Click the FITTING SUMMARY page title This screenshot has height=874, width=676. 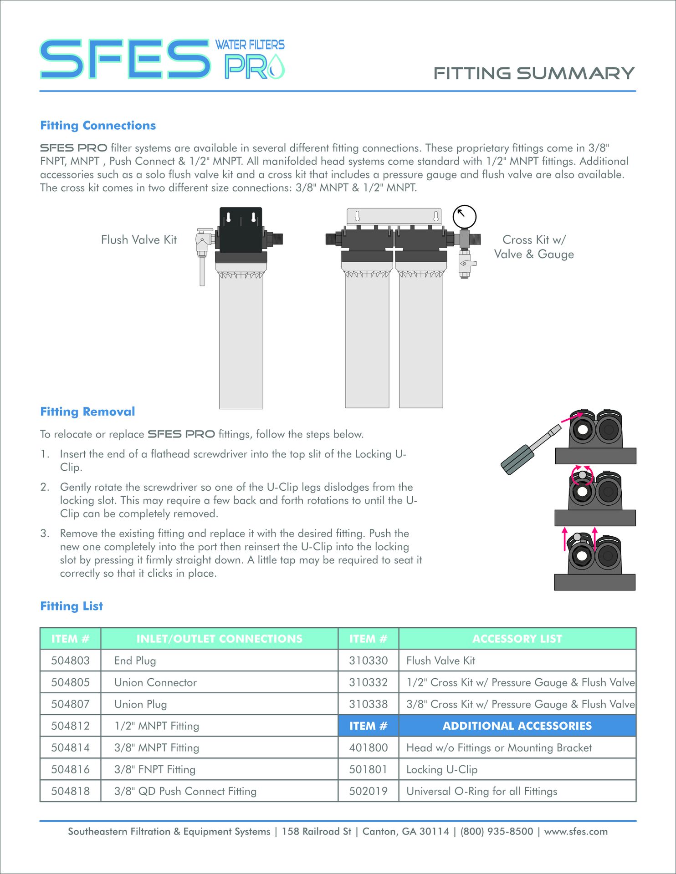pos(534,73)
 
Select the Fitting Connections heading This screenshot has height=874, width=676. pos(98,126)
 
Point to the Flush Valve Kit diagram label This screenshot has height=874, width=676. pos(138,240)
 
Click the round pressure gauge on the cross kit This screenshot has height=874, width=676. pos(464,217)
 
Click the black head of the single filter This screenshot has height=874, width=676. pos(241,230)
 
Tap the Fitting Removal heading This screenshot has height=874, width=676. pos(87,412)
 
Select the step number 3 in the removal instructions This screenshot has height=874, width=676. pos(44,534)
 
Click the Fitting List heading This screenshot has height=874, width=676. pos(72,606)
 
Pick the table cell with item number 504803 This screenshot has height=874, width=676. pos(70,661)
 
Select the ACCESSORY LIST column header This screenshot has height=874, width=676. pos(517,639)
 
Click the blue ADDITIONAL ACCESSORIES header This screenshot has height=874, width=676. pos(517,726)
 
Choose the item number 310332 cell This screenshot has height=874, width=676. pos(368,682)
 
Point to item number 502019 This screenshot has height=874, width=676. pos(368,791)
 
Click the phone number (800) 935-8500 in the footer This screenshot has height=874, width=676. pos(497,831)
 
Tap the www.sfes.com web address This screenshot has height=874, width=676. pos(576,831)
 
